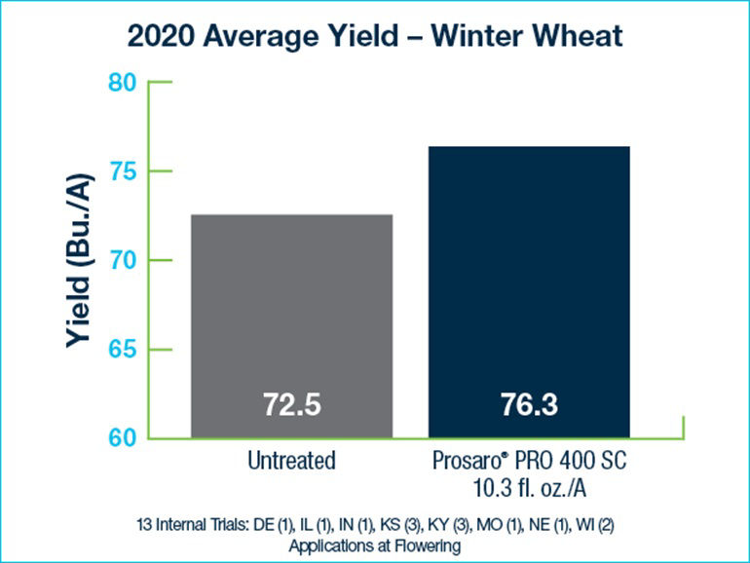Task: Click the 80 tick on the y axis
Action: [x=122, y=83]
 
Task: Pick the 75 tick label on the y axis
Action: [x=122, y=172]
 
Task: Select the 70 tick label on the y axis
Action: [x=122, y=261]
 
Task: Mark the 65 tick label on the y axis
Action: [x=122, y=350]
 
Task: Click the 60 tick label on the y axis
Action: [x=122, y=438]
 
